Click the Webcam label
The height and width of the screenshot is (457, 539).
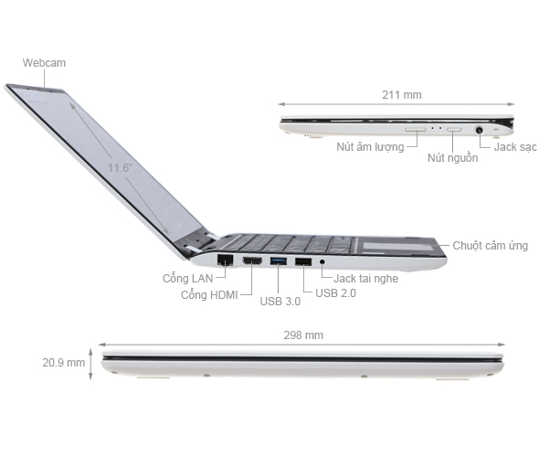[x=45, y=62]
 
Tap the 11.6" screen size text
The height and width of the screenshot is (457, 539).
[x=119, y=168]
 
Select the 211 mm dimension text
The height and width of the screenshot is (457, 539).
[x=402, y=94]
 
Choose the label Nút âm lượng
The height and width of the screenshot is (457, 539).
[x=370, y=146]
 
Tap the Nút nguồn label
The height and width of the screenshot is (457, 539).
[x=452, y=158]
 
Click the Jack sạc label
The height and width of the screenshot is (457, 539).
[x=515, y=146]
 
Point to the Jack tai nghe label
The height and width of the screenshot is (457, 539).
[x=365, y=278]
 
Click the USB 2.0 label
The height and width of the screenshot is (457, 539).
[x=336, y=293]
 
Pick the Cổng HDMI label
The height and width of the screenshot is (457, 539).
[x=211, y=294]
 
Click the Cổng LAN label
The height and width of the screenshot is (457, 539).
[x=188, y=278]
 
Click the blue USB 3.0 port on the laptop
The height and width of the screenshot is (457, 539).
[x=278, y=263]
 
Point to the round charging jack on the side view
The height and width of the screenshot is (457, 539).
[x=481, y=130]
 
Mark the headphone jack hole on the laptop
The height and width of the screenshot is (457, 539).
[x=322, y=264]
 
